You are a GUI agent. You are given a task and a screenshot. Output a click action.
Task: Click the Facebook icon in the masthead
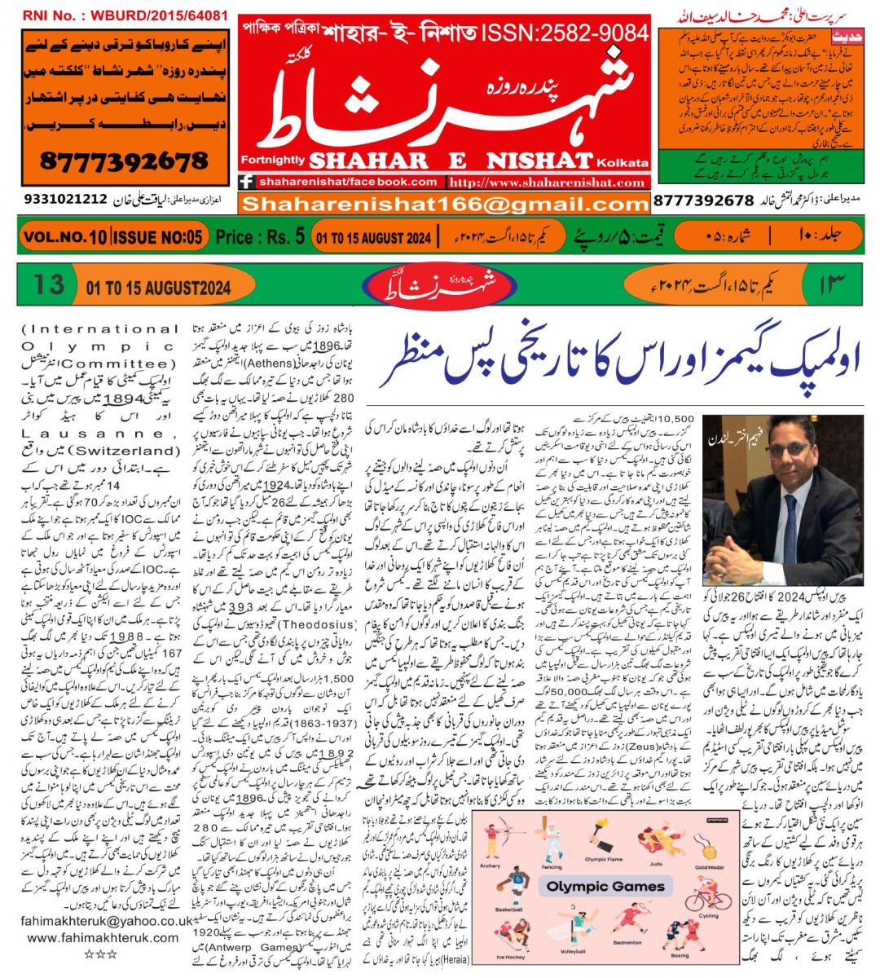pos(245,183)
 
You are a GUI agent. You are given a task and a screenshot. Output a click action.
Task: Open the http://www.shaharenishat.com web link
pos(553,183)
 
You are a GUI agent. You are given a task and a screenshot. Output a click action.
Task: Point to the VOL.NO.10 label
pos(64,237)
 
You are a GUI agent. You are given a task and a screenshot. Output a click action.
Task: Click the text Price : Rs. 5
pos(260,237)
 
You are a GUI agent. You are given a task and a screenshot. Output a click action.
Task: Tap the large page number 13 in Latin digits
pos(49,285)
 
